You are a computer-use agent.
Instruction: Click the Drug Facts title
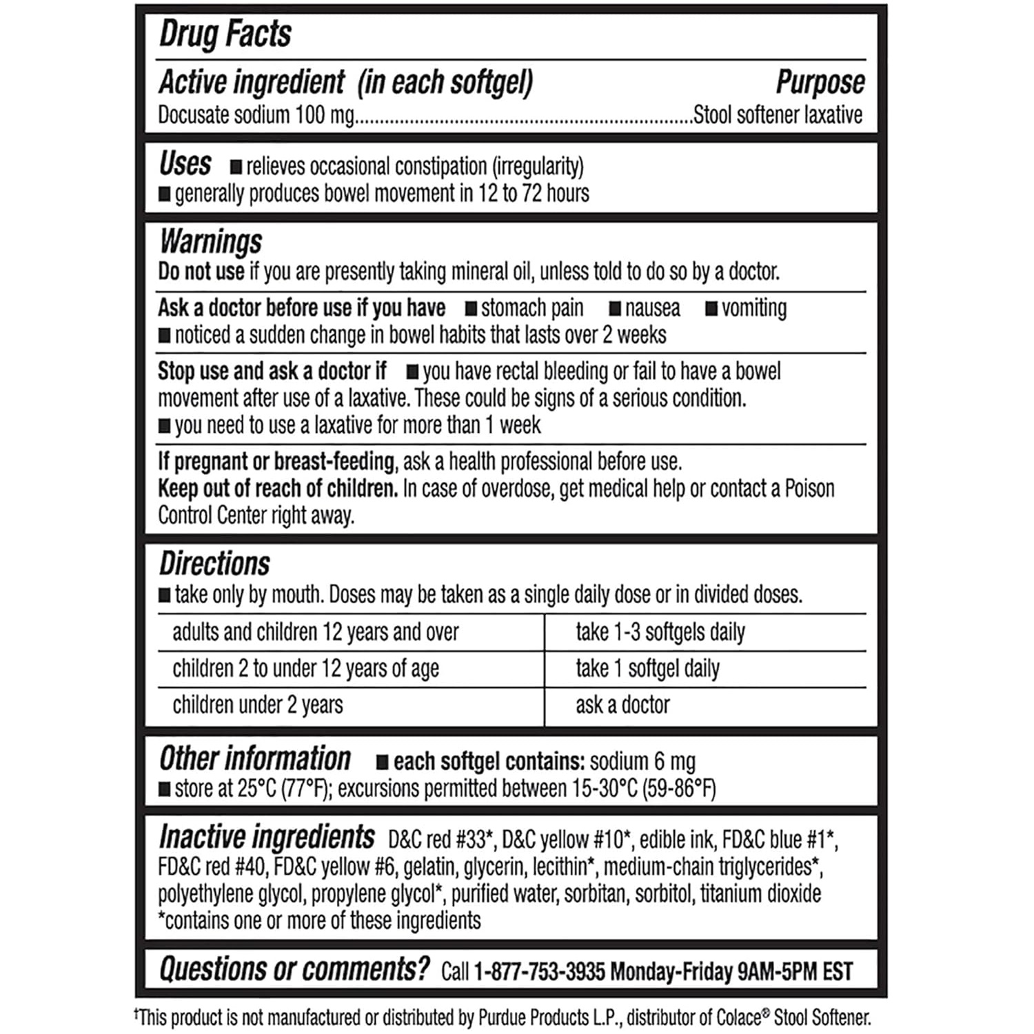click(225, 34)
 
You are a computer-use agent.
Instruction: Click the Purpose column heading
click(820, 82)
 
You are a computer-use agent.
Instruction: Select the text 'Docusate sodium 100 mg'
click(256, 115)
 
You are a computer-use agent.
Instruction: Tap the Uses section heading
click(185, 164)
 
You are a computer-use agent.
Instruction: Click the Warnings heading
click(211, 242)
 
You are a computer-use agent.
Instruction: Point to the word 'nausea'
click(652, 308)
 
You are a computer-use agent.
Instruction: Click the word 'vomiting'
click(753, 308)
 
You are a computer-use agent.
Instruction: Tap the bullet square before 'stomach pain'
click(472, 309)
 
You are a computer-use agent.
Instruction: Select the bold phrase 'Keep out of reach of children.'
click(278, 489)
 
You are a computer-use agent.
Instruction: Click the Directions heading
click(214, 564)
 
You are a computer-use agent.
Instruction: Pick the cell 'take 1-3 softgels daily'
click(660, 632)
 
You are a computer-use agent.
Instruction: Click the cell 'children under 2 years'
click(257, 705)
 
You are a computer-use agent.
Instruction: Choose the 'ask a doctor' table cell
click(622, 705)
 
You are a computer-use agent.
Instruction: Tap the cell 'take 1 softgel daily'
click(647, 669)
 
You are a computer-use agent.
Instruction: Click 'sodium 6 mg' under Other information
click(642, 762)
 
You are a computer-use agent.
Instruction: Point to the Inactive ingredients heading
click(267, 838)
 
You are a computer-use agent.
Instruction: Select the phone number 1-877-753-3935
click(540, 972)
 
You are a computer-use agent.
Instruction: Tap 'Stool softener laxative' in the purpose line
click(778, 115)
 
